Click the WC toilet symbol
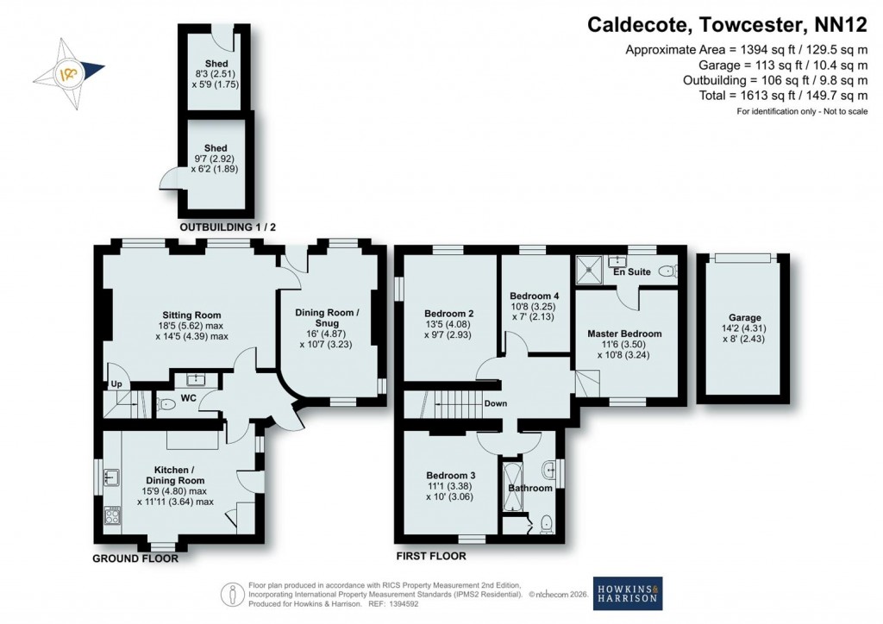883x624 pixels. (x=166, y=402)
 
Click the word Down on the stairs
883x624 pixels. (x=495, y=403)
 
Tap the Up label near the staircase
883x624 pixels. (x=113, y=384)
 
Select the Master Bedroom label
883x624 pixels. (x=624, y=334)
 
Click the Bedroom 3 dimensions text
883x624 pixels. (x=450, y=490)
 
